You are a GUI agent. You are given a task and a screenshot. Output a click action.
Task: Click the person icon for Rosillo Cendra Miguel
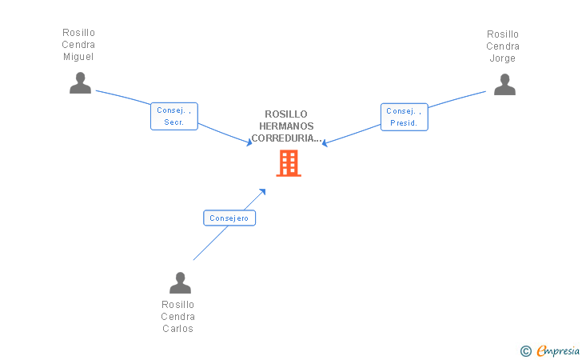click(x=80, y=83)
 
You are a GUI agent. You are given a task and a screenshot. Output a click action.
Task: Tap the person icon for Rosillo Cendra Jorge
click(x=504, y=84)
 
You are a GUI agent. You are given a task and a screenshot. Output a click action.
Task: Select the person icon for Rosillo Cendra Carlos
click(x=181, y=282)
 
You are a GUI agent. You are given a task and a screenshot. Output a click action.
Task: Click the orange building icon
click(x=289, y=163)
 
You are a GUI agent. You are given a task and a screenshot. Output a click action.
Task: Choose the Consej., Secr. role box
click(x=174, y=116)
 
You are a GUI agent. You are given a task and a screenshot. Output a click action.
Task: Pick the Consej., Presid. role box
click(x=405, y=117)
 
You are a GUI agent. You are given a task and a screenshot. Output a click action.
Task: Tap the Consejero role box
click(x=229, y=218)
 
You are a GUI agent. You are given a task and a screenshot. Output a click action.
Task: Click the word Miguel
click(x=78, y=57)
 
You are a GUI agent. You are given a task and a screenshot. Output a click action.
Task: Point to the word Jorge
click(x=503, y=58)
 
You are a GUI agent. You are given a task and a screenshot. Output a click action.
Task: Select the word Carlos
click(x=177, y=329)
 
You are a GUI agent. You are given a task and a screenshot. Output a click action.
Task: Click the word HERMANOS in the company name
click(x=286, y=126)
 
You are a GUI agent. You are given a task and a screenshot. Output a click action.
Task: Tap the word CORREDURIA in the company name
click(x=282, y=138)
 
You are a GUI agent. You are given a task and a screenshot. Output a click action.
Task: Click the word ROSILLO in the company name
click(x=286, y=114)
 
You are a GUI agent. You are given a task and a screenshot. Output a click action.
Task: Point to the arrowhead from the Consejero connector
click(x=262, y=192)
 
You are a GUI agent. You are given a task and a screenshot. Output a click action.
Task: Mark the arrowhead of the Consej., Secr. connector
click(x=249, y=142)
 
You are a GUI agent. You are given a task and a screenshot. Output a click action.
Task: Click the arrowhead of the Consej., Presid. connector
click(x=325, y=142)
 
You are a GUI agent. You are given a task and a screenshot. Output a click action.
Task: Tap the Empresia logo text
click(x=558, y=350)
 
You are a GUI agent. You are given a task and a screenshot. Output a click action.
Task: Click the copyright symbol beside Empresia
click(x=526, y=351)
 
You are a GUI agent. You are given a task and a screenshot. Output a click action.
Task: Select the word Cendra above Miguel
click(x=78, y=45)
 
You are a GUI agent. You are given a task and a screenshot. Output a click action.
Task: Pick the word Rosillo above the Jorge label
click(x=503, y=34)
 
